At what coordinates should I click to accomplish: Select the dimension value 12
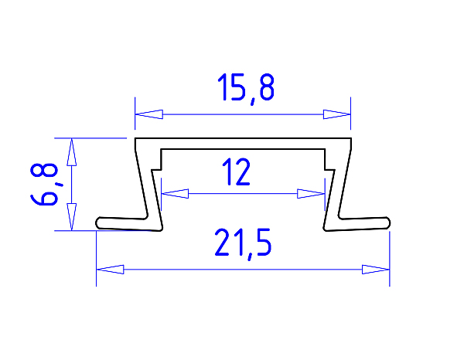tap(236, 172)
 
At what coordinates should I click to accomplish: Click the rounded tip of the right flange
tap(388, 222)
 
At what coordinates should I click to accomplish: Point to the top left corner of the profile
tap(136, 140)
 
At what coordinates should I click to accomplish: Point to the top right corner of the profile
tap(350, 140)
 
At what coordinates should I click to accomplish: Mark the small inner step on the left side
tap(159, 168)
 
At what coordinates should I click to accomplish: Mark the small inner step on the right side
tap(328, 168)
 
